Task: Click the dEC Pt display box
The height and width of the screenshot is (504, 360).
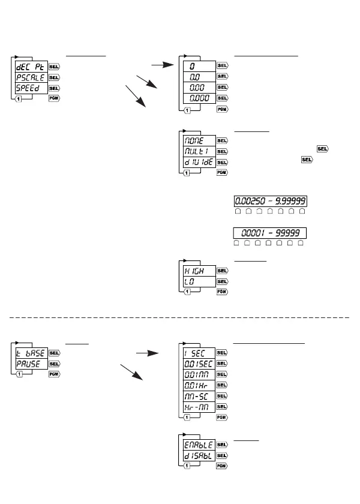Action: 31,67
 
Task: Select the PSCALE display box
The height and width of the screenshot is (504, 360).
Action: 31,78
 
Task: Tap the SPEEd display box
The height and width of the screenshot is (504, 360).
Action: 31,89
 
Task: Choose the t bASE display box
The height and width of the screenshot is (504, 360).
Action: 31,353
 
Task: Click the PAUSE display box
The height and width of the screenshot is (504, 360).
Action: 31,364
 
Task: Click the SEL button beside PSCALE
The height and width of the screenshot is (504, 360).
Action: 53,78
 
